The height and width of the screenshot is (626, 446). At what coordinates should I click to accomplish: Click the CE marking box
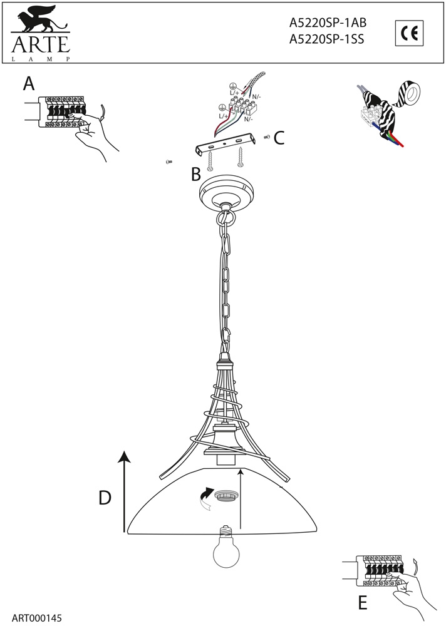coord(409,33)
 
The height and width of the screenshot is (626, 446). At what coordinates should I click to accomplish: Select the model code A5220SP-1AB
coord(328,23)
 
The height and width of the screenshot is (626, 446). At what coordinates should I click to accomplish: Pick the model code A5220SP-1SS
coord(326,39)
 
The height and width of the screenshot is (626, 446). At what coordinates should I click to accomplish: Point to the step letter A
coord(29,84)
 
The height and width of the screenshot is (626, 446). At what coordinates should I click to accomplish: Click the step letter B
coord(196,174)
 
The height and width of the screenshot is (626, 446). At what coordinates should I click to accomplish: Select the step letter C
coord(279,138)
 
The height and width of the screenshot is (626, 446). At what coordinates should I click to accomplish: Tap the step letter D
coord(105,498)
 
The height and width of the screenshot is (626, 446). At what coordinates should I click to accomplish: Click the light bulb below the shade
coord(227,547)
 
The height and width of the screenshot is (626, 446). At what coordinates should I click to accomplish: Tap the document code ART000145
coord(37,618)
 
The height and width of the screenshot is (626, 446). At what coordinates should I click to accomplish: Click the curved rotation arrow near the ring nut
coord(207,498)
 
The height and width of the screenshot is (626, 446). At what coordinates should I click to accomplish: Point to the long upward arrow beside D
coord(125,491)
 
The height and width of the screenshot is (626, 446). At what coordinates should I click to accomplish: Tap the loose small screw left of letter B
coord(169,162)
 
